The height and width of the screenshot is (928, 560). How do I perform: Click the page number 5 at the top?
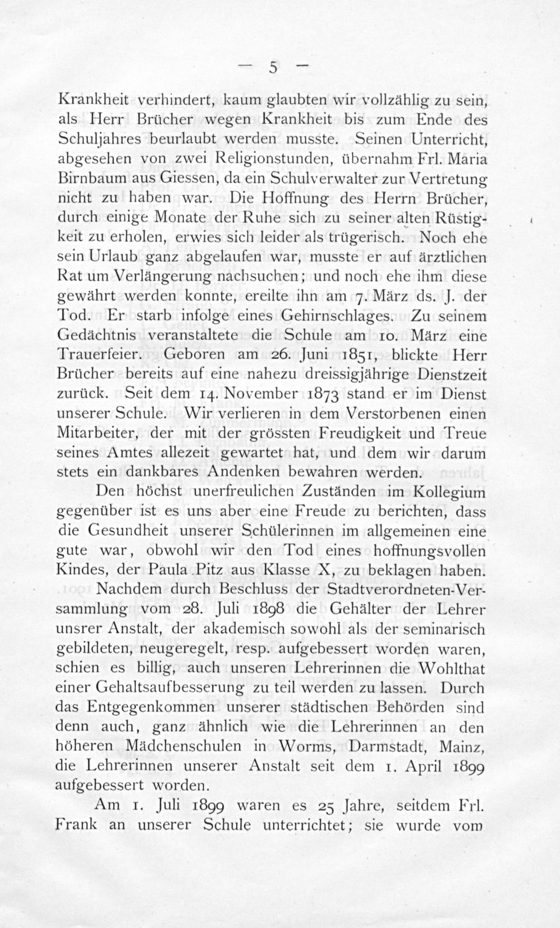click(273, 68)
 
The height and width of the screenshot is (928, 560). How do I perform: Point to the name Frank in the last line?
click(77, 825)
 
